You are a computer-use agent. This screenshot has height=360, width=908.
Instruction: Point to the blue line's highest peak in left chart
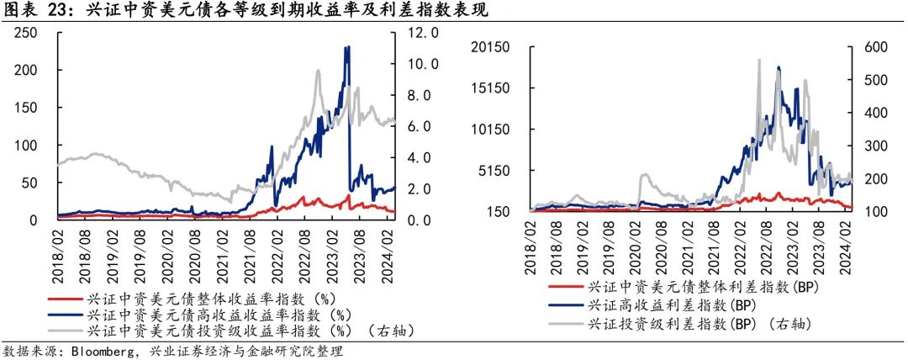click(347, 47)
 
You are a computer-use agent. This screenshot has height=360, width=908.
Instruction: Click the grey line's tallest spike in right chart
click(759, 61)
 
